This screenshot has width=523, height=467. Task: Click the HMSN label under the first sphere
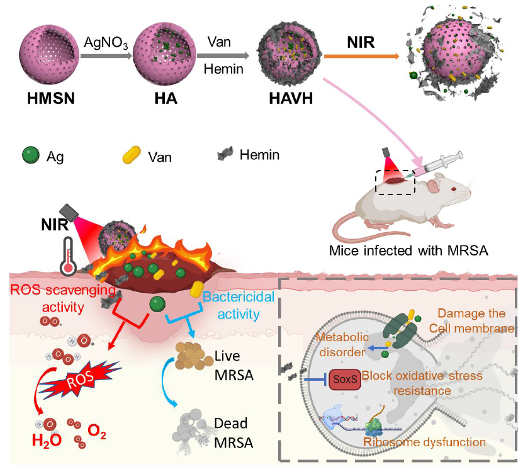(x=51, y=98)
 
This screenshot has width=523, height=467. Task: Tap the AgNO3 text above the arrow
(x=106, y=43)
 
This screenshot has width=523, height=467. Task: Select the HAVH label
(x=291, y=98)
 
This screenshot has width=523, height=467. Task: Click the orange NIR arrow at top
(x=361, y=57)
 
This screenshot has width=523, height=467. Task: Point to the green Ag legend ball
(x=31, y=155)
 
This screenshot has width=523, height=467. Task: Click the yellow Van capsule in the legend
(x=132, y=155)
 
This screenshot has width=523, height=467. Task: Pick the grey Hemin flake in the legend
(x=225, y=153)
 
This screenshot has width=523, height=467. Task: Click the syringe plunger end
(x=460, y=155)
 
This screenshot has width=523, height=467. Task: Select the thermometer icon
(x=68, y=256)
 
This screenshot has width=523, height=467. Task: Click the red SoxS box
(x=345, y=380)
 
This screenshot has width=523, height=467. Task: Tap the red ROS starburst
(x=80, y=378)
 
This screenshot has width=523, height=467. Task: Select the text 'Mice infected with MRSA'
(x=408, y=250)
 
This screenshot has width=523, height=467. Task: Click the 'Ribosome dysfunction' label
(x=424, y=442)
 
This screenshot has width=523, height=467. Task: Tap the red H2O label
(x=47, y=441)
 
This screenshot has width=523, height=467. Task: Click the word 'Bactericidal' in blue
(x=239, y=297)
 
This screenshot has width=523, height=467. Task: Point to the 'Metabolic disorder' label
(x=342, y=344)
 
